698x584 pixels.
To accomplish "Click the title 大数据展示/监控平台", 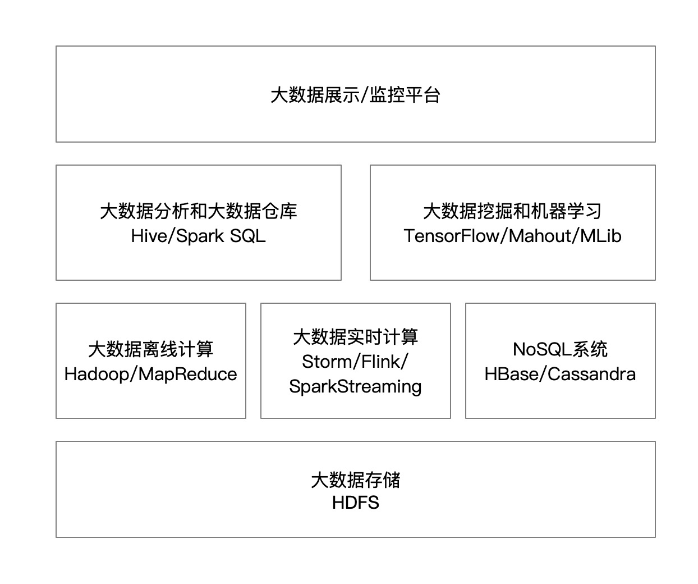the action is (x=355, y=95).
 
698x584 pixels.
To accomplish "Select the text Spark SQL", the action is (x=221, y=236).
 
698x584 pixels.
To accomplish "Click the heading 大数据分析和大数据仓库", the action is (x=199, y=211).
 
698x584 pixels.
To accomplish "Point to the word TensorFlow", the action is (x=452, y=236).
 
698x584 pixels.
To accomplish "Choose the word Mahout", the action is (x=540, y=236).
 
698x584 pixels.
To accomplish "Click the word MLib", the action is (x=601, y=236).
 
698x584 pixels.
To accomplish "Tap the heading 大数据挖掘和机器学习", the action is (x=512, y=211).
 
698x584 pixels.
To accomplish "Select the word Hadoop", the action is (x=97, y=374).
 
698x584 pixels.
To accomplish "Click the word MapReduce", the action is (x=187, y=374).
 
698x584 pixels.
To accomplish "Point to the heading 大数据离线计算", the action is (x=151, y=349).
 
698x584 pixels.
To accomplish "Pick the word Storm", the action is (x=327, y=362).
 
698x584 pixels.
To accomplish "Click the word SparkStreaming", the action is (x=355, y=387).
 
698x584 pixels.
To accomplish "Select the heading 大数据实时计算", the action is (x=355, y=337).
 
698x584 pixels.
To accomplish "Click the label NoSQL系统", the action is (x=561, y=349).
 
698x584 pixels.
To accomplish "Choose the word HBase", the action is (x=512, y=374).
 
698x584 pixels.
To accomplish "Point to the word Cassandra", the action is (x=591, y=374).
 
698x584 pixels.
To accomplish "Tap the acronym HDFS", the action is (x=355, y=503).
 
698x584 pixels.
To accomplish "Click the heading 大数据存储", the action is (x=355, y=480).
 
